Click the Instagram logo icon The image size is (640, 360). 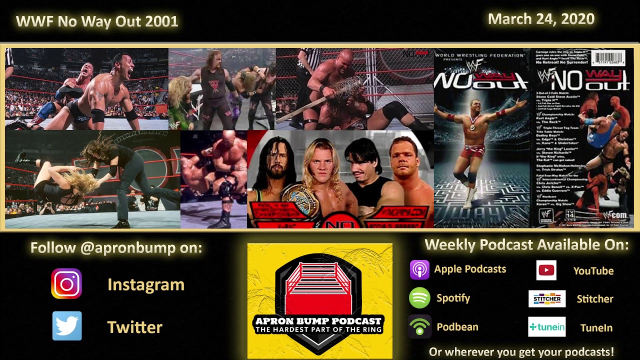click(66, 284)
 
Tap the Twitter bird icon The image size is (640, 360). click(67, 326)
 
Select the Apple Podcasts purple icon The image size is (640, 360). click(419, 270)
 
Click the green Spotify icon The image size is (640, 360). click(419, 298)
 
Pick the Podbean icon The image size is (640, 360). click(419, 327)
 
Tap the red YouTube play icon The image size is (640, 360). click(546, 270)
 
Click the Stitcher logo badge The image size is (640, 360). click(547, 298)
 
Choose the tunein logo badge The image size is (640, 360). click(547, 327)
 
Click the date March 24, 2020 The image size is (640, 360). click(541, 19)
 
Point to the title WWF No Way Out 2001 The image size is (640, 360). click(97, 21)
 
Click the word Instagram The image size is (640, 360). click(146, 284)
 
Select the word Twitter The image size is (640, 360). click(135, 327)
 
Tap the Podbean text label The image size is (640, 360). click(457, 327)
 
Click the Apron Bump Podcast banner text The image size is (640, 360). click(318, 324)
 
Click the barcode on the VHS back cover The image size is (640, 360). click(608, 58)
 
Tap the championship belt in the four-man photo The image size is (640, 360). click(302, 200)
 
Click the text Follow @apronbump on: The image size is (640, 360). click(116, 247)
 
